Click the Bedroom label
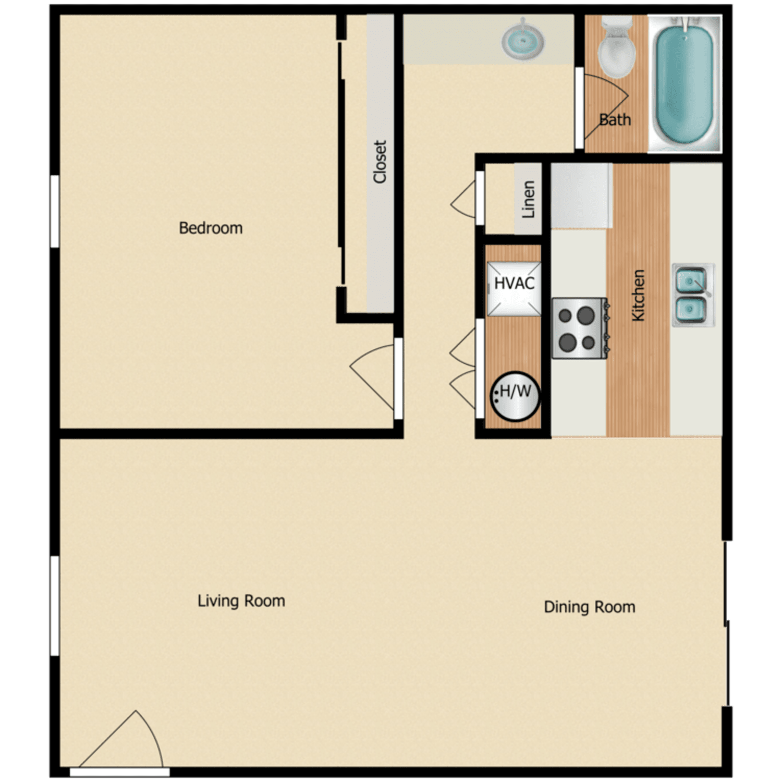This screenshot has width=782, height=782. pyautogui.click(x=211, y=228)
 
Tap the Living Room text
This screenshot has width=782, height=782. pyautogui.click(x=241, y=601)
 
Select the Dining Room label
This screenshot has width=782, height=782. pyautogui.click(x=589, y=607)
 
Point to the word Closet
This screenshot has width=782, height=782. pyautogui.click(x=380, y=162)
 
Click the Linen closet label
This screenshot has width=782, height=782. pyautogui.click(x=528, y=199)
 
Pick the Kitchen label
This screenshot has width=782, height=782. pyautogui.click(x=638, y=295)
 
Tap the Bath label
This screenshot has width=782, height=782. pyautogui.click(x=615, y=120)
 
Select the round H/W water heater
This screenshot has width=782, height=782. pyautogui.click(x=515, y=396)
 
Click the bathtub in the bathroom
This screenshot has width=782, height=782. pyautogui.click(x=684, y=83)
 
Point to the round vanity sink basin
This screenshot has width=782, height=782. pyautogui.click(x=523, y=40)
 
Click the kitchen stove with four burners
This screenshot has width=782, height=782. pyautogui.click(x=579, y=328)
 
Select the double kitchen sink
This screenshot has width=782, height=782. pyautogui.click(x=692, y=296)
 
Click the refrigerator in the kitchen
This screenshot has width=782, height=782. pyautogui.click(x=581, y=195)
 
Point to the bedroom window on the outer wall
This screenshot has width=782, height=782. pyautogui.click(x=54, y=211)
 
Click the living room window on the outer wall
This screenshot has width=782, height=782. pyautogui.click(x=54, y=605)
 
